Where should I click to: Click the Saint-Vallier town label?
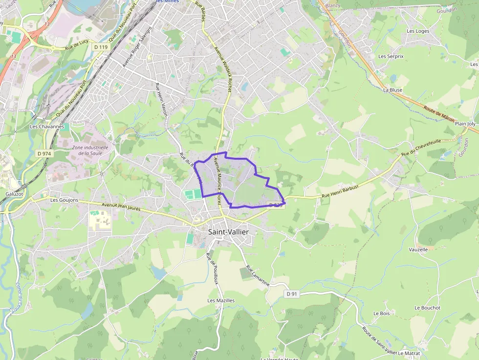228,232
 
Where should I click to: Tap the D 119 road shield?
100,46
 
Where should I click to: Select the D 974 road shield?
44,153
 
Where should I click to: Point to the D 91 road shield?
292,294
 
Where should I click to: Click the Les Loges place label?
418,31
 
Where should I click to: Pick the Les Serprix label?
391,56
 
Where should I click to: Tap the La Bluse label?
392,90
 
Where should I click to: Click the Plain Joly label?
465,124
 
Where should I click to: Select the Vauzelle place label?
418,250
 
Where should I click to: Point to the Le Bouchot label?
427,308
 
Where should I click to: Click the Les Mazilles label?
221,300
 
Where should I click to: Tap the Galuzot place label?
14,194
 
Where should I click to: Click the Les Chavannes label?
47,127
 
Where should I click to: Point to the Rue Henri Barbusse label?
340,191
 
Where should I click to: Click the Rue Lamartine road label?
258,276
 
